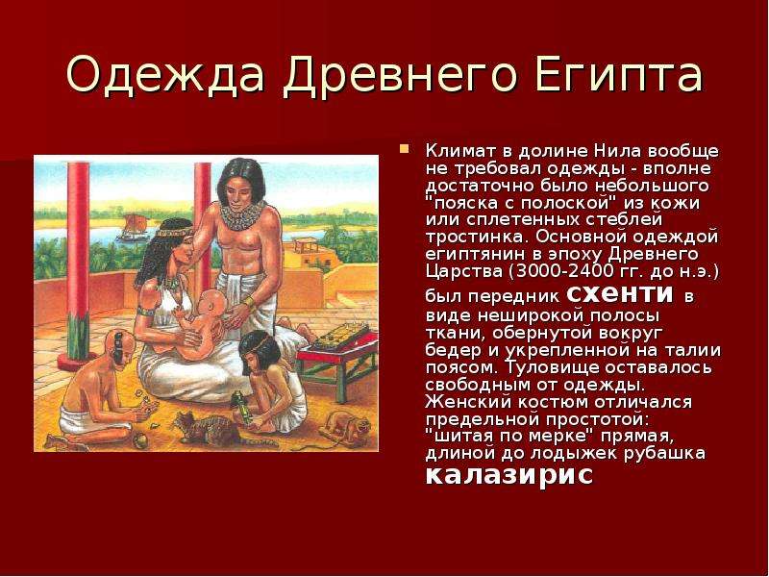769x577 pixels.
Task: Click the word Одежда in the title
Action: [x=165, y=75]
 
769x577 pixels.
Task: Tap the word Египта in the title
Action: [x=619, y=75]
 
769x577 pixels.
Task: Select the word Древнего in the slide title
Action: [x=400, y=75]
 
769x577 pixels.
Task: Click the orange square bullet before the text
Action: [x=405, y=148]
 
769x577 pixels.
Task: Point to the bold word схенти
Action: [x=620, y=293]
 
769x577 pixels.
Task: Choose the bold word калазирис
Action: [x=509, y=474]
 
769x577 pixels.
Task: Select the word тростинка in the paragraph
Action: [x=477, y=237]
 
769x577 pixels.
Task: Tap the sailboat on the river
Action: [x=133, y=227]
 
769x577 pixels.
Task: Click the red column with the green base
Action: [x=78, y=265]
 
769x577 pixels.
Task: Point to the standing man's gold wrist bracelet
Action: [x=249, y=302]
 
